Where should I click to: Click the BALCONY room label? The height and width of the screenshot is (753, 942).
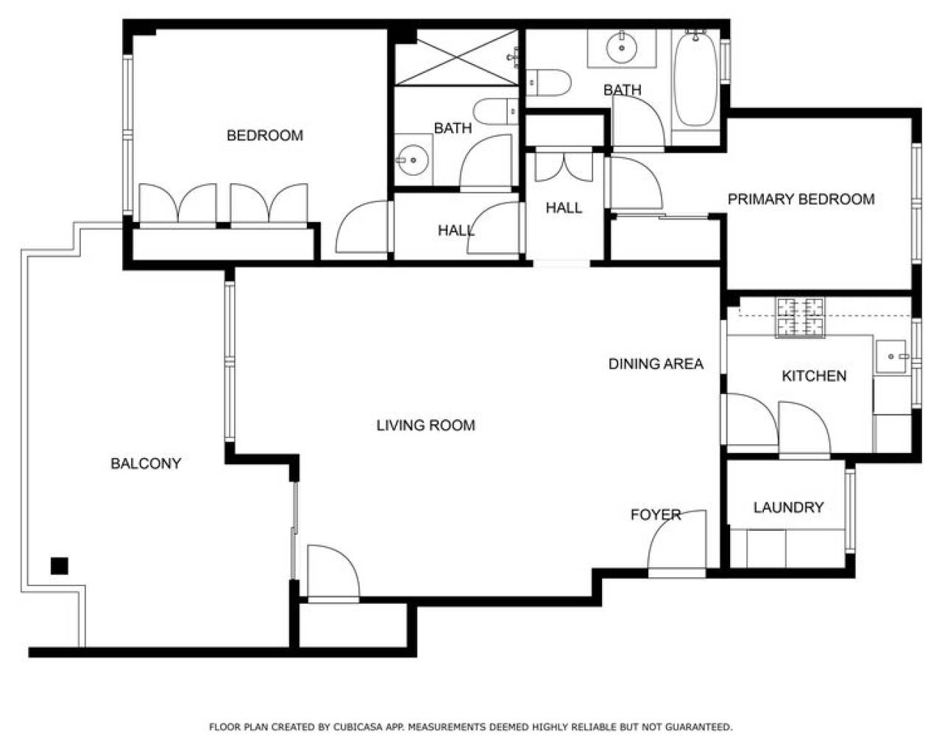point(146,463)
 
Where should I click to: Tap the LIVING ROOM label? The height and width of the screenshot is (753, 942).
point(426,425)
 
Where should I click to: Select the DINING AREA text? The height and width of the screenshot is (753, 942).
point(656,363)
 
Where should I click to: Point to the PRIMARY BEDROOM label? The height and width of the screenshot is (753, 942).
point(801,199)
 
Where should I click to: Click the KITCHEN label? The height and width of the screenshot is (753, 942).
point(814,376)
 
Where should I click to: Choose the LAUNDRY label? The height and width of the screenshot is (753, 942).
point(789,507)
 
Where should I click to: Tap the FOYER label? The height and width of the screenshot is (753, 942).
point(656,515)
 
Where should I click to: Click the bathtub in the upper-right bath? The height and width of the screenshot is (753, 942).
point(695,79)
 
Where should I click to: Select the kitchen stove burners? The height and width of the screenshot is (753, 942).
point(800,317)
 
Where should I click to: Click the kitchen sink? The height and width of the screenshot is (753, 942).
point(891,357)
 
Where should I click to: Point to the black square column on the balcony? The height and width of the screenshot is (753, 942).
point(60,565)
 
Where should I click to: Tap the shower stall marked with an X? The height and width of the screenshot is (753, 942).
point(456,57)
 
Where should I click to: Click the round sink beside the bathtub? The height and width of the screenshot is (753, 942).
point(622,47)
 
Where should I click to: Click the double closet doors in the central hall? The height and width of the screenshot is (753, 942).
point(564,166)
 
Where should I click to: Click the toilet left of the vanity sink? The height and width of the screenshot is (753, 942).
point(548,82)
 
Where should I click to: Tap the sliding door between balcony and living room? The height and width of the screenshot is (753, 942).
point(294,530)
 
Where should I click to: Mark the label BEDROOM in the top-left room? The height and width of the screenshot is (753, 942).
point(265,135)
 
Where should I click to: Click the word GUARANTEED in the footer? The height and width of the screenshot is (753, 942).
point(698,727)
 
